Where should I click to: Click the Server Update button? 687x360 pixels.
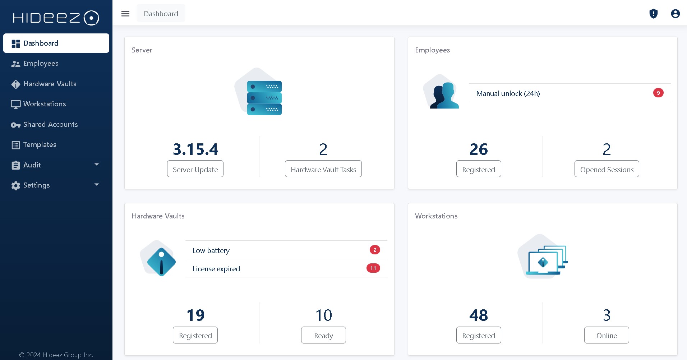(195, 169)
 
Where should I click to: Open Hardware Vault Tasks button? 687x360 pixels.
(323, 169)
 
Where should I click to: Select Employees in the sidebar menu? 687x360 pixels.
(41, 64)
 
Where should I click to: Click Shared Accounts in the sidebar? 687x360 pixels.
(50, 125)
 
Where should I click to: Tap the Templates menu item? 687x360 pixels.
(40, 145)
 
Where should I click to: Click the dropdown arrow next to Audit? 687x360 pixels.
(96, 165)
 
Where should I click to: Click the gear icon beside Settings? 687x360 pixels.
(15, 185)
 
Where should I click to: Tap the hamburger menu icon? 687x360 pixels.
(125, 14)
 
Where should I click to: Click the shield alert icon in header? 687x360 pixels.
(653, 14)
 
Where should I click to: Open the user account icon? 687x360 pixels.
(675, 14)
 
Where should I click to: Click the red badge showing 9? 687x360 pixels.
(658, 93)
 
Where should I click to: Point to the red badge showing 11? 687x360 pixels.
(373, 268)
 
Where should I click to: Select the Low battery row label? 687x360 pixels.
(211, 250)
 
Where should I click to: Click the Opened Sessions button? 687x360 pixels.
(607, 169)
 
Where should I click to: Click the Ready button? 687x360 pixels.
(323, 335)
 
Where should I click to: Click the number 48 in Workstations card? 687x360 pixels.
(478, 315)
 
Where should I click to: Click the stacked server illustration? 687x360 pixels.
(264, 98)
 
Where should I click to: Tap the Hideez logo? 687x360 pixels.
(56, 18)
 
